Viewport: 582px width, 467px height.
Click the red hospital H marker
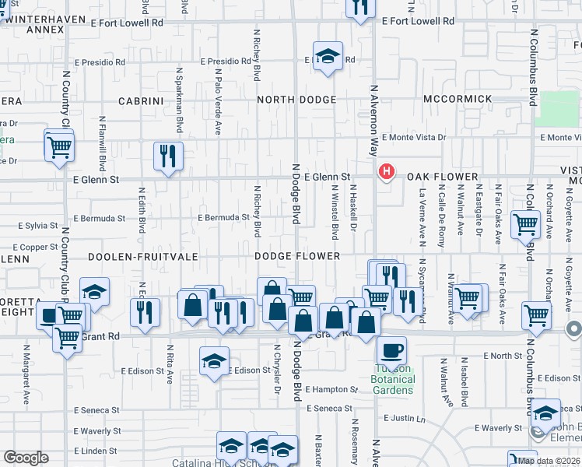(x=384, y=171)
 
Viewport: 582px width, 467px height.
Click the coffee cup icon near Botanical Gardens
(x=391, y=349)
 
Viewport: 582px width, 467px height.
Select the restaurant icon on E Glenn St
(x=168, y=156)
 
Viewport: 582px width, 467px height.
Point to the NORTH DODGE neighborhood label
(x=296, y=100)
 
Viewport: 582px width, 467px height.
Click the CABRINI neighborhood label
(x=140, y=101)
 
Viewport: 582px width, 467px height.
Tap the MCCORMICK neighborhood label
(x=458, y=99)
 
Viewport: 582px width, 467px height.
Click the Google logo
(x=26, y=458)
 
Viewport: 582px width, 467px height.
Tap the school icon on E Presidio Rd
(x=328, y=56)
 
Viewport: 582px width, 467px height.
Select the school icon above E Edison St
(x=215, y=361)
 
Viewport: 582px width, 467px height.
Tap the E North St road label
(x=502, y=356)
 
